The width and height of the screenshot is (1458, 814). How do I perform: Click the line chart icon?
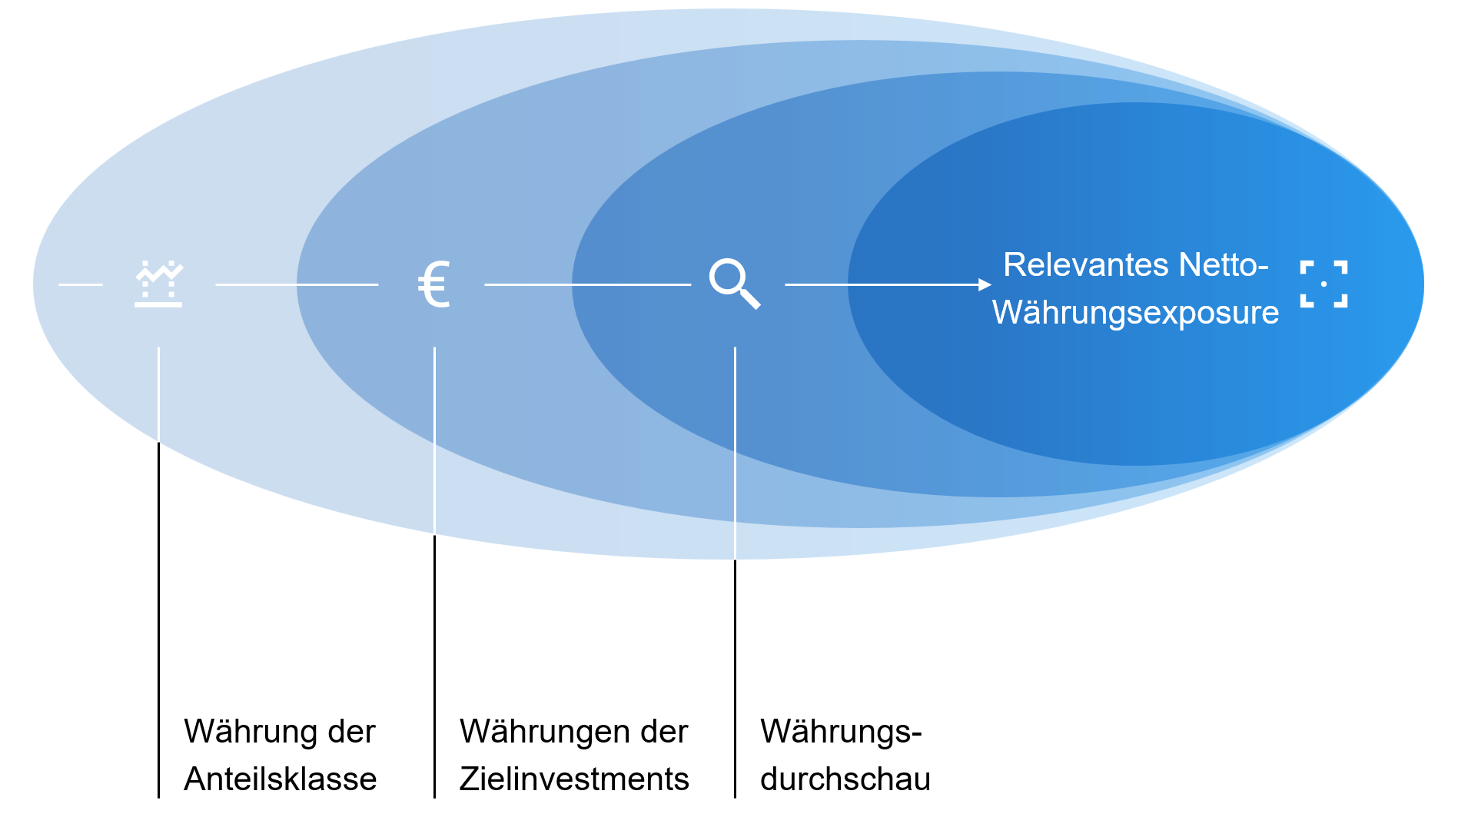tap(158, 284)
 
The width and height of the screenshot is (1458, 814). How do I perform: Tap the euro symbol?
tap(433, 284)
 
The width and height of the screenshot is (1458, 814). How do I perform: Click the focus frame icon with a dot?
tap(1323, 284)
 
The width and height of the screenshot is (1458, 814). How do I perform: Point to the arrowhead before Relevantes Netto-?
tap(985, 284)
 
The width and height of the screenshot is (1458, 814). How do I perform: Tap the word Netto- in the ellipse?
tap(1224, 265)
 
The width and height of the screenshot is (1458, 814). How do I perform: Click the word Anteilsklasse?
tap(281, 779)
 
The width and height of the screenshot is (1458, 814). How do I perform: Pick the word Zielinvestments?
tap(574, 779)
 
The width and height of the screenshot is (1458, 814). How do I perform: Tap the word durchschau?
tap(845, 779)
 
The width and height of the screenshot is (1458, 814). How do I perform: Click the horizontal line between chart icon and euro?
tap(297, 284)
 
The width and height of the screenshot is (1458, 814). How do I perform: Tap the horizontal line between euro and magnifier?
tap(587, 284)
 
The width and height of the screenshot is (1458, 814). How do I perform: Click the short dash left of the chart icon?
tap(81, 284)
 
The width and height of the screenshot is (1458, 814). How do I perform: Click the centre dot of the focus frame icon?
tap(1323, 284)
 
